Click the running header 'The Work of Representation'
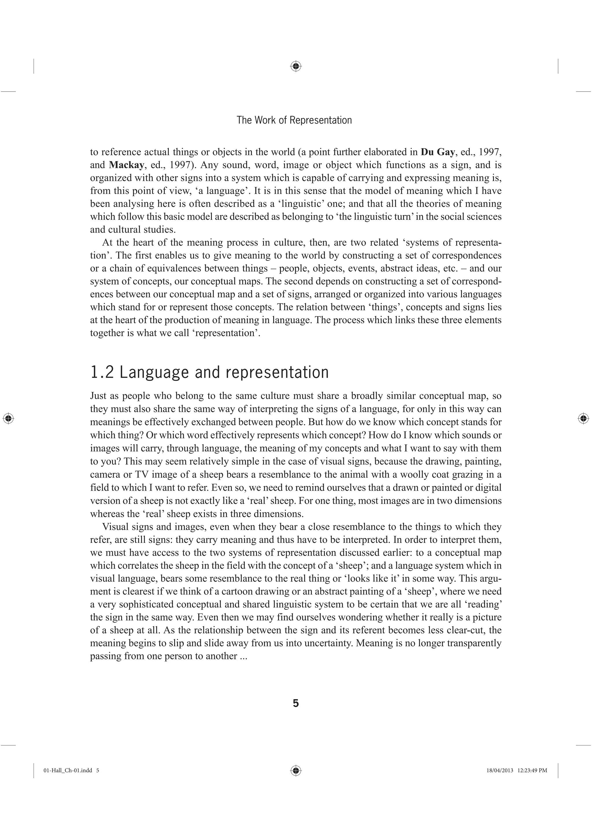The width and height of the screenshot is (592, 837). (x=294, y=120)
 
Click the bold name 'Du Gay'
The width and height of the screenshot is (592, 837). (x=437, y=152)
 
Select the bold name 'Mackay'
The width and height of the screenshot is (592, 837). (x=126, y=165)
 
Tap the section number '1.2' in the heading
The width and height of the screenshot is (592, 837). (x=102, y=372)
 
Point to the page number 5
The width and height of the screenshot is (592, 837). (x=296, y=704)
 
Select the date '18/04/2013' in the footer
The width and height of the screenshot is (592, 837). (x=500, y=771)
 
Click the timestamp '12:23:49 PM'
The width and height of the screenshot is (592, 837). (x=532, y=771)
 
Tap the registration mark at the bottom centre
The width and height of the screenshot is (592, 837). (x=296, y=770)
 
